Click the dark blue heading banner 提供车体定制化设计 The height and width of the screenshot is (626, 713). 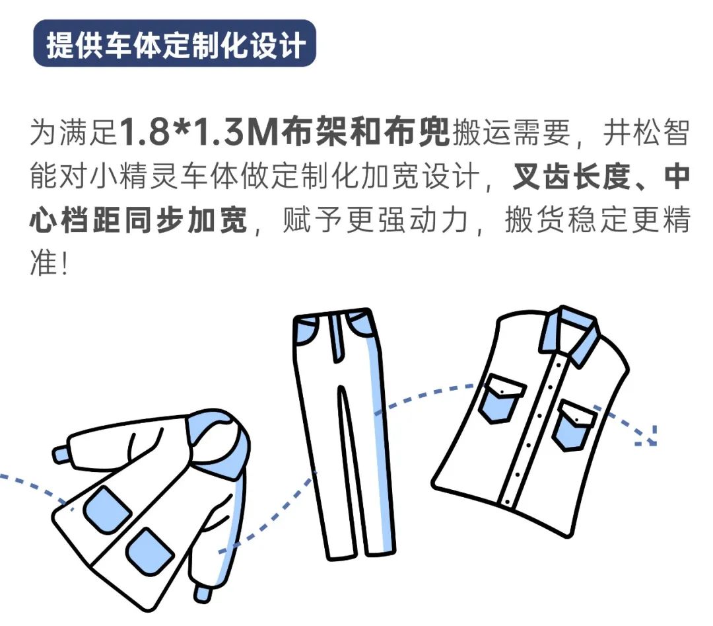coord(174,43)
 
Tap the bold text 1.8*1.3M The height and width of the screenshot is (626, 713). coord(199,132)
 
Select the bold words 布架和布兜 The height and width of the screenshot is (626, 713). coord(364,132)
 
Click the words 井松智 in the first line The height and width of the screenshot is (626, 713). coord(646,132)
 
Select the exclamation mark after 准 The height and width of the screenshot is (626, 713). coord(65,264)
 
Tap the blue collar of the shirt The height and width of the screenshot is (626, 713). coord(569,333)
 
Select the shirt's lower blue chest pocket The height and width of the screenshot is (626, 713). coord(574,425)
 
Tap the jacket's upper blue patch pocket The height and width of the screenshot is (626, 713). coord(108,510)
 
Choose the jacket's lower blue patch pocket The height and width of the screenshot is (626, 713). coord(149,551)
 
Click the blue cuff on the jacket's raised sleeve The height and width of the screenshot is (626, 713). coord(61,454)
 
